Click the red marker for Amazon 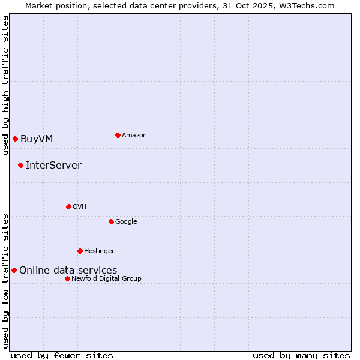point(118,135)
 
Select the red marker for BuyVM point(15,139)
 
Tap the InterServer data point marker point(20,165)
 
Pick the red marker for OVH point(68,206)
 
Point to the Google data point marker point(111,221)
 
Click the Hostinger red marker point(80,251)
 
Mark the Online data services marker point(14,270)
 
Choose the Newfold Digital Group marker point(67,278)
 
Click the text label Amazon point(134,136)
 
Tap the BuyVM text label point(37,139)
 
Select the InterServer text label point(53,166)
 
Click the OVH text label point(80,207)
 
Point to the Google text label point(126,222)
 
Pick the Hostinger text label point(99,251)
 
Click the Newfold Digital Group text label point(106,278)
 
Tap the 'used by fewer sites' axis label point(62,355)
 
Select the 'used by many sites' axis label point(301,355)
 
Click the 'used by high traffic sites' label point(5,85)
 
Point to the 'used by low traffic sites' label point(5,281)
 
